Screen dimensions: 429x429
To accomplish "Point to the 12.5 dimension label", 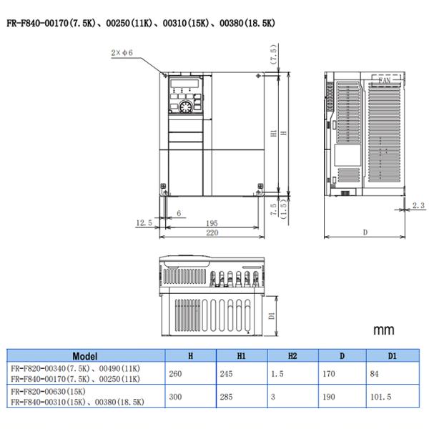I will click(x=144, y=223).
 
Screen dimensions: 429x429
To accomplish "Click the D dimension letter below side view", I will click(x=365, y=233).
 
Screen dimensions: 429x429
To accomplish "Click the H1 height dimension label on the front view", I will click(x=273, y=133).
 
